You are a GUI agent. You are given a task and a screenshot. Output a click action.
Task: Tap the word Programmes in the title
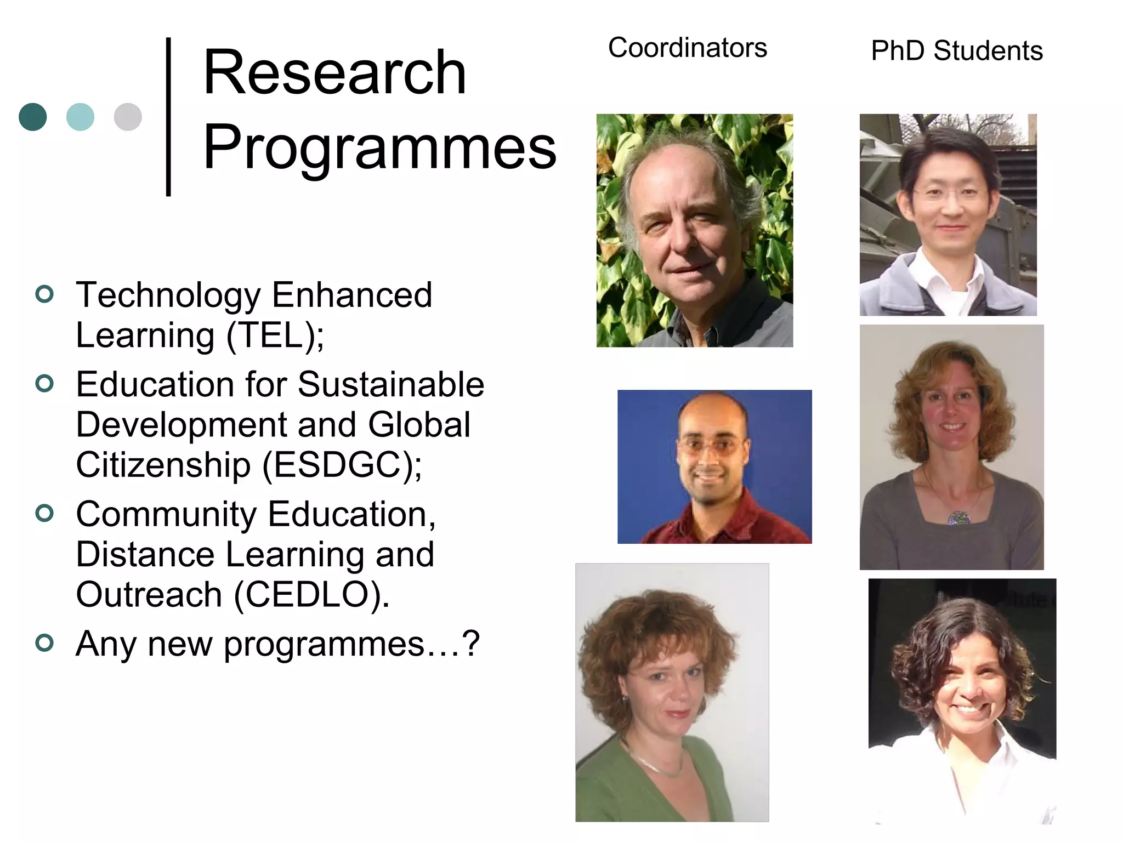point(379,147)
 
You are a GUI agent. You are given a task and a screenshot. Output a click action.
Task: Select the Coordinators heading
point(687,48)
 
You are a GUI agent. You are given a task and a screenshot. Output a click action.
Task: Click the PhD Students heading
point(956,50)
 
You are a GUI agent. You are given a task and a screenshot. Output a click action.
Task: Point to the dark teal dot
point(33,117)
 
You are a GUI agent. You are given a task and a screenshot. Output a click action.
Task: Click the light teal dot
point(80,117)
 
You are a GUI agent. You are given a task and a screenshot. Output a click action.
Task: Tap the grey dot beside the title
point(128,117)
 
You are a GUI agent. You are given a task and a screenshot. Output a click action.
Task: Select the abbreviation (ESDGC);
point(342,465)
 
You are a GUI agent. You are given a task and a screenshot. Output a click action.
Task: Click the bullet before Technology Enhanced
point(44,294)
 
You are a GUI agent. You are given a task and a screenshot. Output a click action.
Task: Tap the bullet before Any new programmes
point(44,642)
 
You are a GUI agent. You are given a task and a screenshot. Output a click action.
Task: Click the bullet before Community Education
point(44,513)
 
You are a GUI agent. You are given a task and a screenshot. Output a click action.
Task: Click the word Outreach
point(149,595)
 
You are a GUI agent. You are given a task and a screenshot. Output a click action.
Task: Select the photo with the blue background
point(714,466)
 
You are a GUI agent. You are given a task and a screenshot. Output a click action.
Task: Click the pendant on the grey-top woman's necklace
point(958,517)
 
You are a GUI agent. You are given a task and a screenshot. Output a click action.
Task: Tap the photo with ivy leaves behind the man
point(694,230)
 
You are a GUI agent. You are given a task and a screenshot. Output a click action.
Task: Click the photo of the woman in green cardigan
point(672,692)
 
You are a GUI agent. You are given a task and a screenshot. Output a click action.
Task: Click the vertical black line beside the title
point(168,116)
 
